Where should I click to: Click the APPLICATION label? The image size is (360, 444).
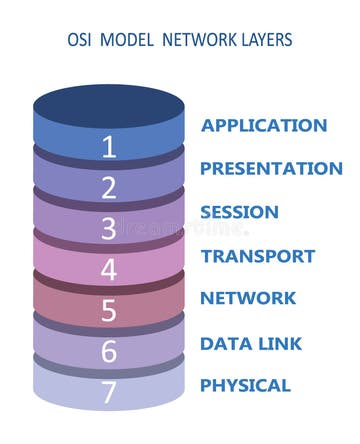264,126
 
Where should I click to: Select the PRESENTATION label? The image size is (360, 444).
271,169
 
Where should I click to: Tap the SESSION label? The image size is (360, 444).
239,212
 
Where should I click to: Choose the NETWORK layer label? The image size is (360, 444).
247,298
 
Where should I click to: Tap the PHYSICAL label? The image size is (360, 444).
245,385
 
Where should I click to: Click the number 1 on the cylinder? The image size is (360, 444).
109,147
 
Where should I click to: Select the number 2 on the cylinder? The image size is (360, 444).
109,188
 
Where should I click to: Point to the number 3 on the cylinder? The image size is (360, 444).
109,229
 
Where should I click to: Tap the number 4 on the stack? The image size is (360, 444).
109,270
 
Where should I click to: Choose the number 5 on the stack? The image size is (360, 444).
109,311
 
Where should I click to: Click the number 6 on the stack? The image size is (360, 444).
109,352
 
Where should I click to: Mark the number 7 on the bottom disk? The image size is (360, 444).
109,392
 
